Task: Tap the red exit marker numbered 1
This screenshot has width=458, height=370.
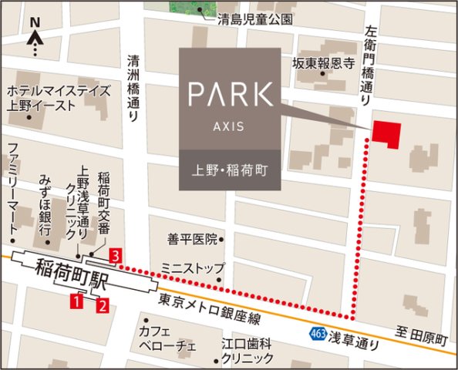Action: pyautogui.click(x=76, y=301)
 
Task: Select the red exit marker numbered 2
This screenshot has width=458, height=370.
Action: pyautogui.click(x=102, y=304)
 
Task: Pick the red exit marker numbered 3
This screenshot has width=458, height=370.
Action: pyautogui.click(x=115, y=255)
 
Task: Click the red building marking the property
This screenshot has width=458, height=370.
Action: pyautogui.click(x=386, y=133)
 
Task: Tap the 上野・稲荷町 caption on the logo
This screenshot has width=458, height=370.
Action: pyautogui.click(x=230, y=169)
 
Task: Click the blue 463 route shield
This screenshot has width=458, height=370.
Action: pyautogui.click(x=318, y=333)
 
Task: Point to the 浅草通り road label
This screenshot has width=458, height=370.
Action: pyautogui.click(x=352, y=337)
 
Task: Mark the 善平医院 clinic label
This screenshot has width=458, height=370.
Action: pyautogui.click(x=193, y=240)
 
